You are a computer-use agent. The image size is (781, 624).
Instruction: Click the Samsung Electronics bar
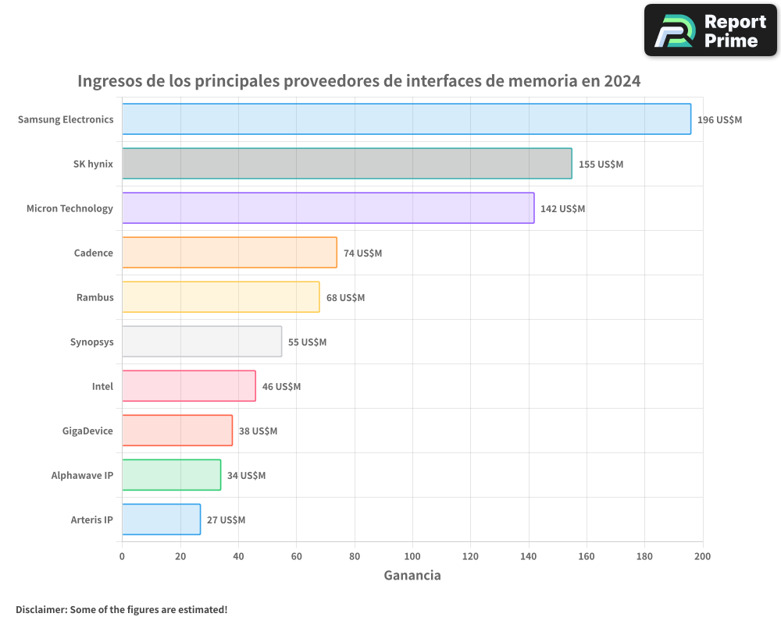(406, 119)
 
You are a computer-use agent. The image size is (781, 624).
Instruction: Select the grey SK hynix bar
(347, 164)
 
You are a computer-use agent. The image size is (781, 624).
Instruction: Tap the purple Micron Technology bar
(328, 208)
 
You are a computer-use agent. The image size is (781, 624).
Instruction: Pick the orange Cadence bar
(230, 253)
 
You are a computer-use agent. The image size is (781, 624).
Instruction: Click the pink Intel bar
(189, 386)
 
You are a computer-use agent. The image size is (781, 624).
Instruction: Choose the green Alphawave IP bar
(171, 475)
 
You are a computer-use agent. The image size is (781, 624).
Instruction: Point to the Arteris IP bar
(161, 519)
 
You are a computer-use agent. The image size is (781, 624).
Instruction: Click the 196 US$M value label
(719, 120)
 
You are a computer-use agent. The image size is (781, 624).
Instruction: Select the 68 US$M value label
(345, 298)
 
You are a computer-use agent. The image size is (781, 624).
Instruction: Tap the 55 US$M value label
(307, 342)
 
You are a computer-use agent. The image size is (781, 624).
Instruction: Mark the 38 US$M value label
(258, 431)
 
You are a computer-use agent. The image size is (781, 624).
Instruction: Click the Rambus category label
(95, 297)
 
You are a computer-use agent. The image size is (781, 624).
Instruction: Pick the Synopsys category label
(91, 342)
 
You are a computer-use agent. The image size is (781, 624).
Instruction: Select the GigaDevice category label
(87, 431)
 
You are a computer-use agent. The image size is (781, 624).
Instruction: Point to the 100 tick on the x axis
(412, 556)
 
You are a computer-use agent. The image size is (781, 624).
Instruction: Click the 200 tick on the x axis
(702, 556)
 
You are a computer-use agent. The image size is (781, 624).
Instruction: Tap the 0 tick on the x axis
(122, 556)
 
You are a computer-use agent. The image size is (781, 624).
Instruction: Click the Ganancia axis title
(412, 576)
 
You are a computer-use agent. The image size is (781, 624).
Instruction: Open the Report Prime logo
(710, 30)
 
